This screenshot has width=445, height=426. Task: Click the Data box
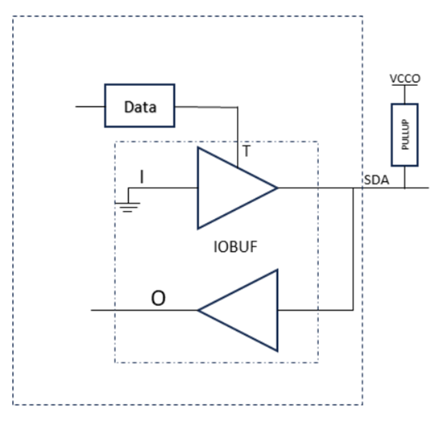click(x=140, y=106)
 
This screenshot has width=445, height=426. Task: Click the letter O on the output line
click(x=158, y=298)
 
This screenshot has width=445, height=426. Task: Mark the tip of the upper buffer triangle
click(x=276, y=189)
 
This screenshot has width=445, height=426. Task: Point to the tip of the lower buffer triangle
click(x=199, y=310)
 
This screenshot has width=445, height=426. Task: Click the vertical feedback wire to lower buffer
click(x=353, y=249)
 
